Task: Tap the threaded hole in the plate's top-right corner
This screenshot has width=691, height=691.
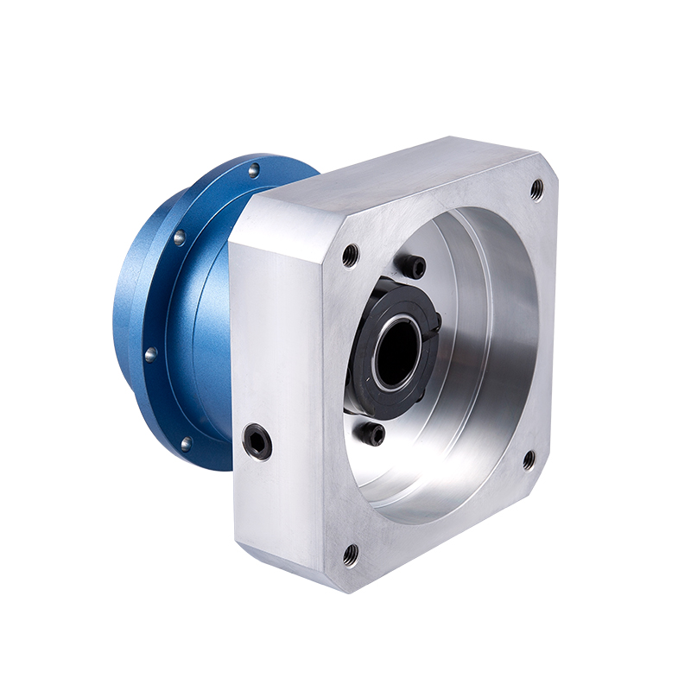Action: pos(536,189)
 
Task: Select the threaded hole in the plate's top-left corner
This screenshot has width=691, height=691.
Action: pos(350,255)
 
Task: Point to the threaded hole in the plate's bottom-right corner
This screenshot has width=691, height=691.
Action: pos(529,460)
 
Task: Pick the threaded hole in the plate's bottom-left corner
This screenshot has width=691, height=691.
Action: pos(350,554)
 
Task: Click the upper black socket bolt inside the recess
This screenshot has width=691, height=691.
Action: pos(414,266)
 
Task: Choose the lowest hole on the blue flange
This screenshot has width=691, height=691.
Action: pos(186,444)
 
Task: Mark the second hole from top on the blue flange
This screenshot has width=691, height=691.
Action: pos(179,238)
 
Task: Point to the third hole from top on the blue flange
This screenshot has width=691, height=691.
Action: pos(150,353)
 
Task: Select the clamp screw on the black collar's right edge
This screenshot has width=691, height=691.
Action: pos(437,322)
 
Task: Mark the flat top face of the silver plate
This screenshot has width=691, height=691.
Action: pos(389,177)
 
